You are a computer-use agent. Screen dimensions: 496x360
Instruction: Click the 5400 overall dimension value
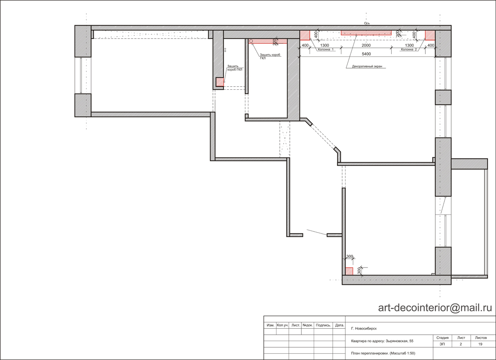coord(366,54)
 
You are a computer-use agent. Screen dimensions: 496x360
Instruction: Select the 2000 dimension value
coord(366,46)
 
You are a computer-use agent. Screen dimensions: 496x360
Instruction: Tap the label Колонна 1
coord(326,50)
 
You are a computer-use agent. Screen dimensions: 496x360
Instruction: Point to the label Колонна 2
coord(409,50)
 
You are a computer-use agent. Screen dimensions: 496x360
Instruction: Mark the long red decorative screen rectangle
coord(366,33)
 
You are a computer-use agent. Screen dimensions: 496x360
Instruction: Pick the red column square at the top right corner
coord(430,35)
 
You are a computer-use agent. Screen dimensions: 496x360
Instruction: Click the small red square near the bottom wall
coord(349,271)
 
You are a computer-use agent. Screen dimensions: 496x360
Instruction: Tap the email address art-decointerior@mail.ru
coord(435,307)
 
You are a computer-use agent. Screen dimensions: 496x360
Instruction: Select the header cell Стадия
coord(442,338)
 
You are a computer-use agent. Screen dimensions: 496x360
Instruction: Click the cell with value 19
coord(480,344)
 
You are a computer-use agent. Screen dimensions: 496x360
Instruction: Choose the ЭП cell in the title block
coord(442,344)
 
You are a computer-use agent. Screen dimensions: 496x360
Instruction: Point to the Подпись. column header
coord(323,325)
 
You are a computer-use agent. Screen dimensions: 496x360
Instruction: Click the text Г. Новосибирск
coord(364,329)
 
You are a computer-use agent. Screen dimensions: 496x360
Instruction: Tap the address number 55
coord(411,341)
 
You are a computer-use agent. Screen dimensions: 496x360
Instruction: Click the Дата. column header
coord(339,325)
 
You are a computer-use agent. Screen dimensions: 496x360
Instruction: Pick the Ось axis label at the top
coord(367,23)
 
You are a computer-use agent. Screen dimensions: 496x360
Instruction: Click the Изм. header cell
coord(270,325)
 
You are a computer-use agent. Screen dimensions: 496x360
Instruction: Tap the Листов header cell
coord(481,338)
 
